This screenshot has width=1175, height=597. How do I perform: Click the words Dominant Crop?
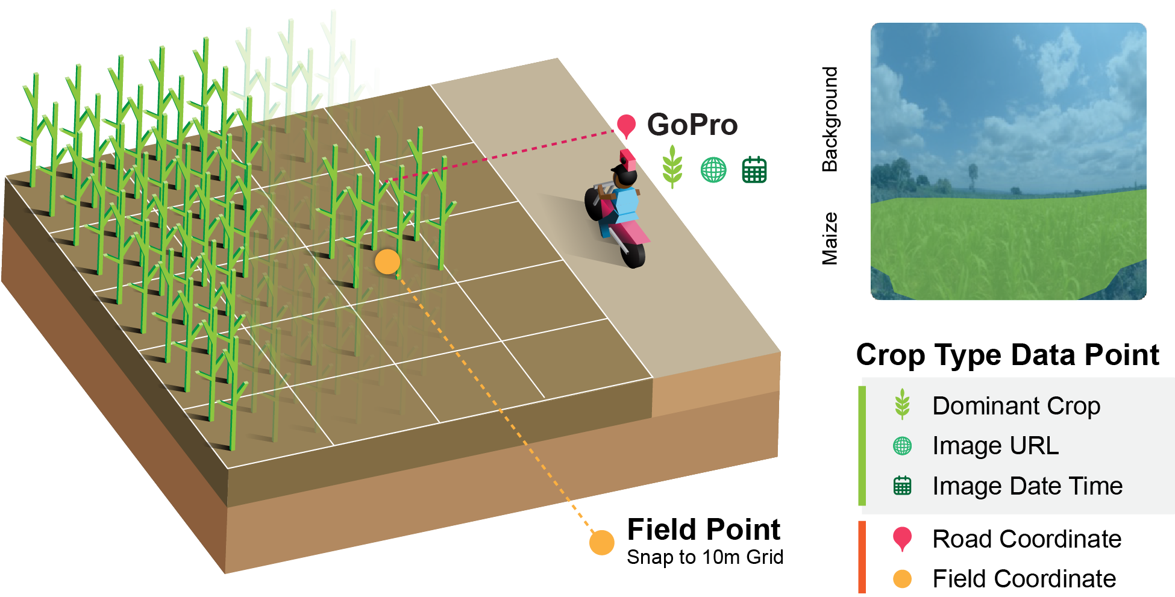click(x=1016, y=406)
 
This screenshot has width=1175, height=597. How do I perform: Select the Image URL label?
click(x=995, y=446)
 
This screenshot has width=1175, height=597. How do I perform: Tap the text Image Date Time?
click(x=1027, y=486)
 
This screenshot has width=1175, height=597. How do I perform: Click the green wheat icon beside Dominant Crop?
click(x=902, y=404)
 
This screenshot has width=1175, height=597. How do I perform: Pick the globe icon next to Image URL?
click(x=902, y=446)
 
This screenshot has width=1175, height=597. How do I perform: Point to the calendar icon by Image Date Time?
click(x=902, y=486)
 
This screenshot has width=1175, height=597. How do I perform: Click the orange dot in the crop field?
click(x=387, y=262)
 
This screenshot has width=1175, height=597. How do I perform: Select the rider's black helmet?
click(x=625, y=177)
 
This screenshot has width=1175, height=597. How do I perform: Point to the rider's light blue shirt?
click(x=627, y=205)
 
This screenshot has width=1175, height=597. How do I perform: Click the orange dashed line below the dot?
click(x=482, y=386)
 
